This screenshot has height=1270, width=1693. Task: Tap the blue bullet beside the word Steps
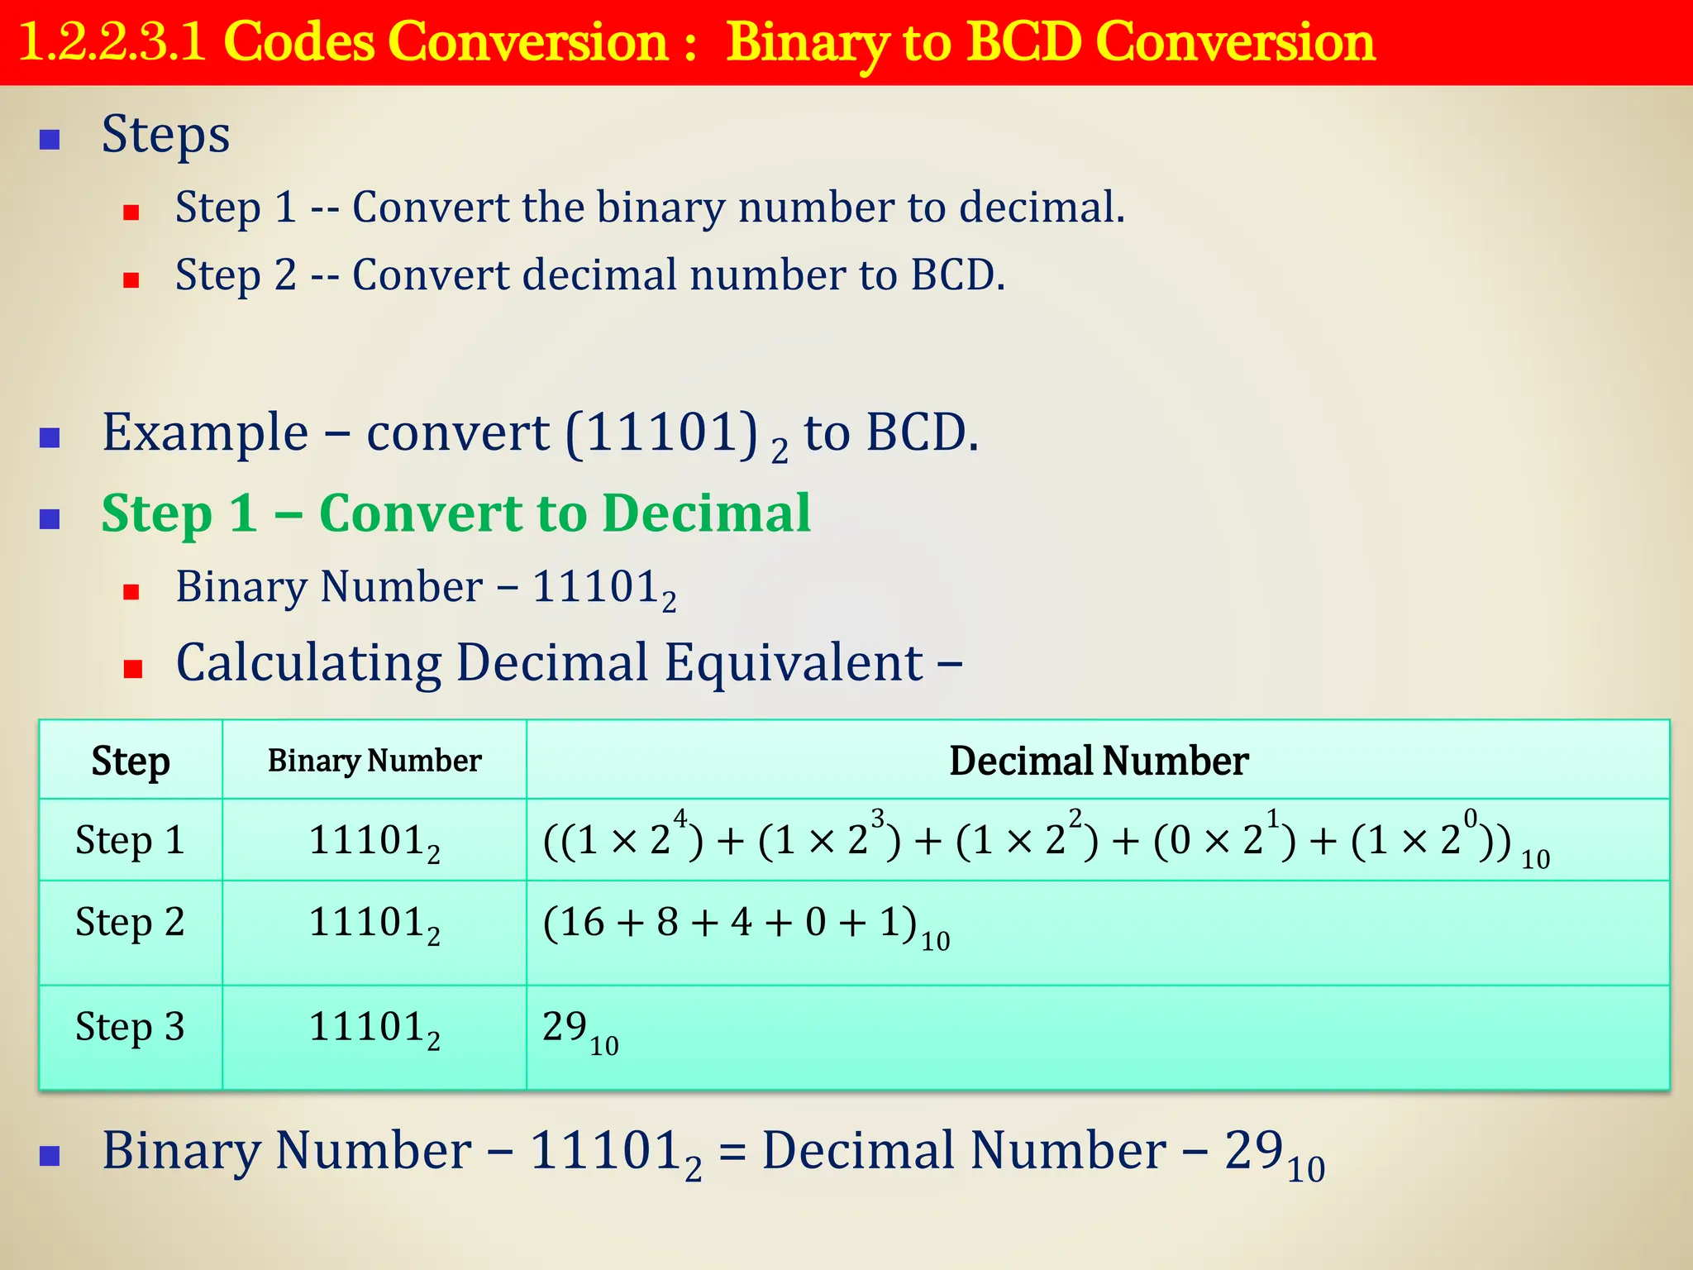50,139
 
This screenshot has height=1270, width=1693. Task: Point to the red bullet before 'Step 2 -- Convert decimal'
131,280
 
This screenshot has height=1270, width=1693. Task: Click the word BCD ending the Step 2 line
956,275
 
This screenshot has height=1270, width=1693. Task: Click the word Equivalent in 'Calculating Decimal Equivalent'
794,663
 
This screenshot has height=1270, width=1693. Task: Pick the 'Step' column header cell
131,761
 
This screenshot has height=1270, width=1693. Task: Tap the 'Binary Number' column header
374,761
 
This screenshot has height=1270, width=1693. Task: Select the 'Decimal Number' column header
1098,761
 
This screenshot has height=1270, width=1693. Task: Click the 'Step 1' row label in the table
130,841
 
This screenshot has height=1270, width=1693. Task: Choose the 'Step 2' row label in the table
130,923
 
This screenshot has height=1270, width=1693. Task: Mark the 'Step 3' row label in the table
130,1028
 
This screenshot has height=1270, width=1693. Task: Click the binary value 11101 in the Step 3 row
367,1028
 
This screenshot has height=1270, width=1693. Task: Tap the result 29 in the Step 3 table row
565,1028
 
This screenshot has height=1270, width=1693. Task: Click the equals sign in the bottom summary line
731,1152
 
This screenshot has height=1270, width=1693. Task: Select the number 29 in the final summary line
1253,1150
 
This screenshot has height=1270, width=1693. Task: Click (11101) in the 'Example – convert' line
661,432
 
